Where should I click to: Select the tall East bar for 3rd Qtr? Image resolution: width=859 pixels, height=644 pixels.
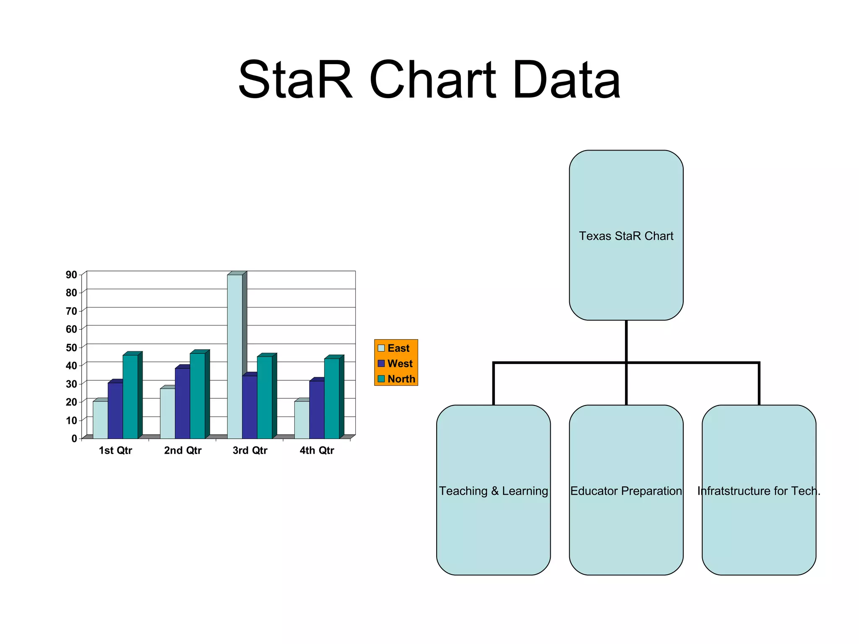234,356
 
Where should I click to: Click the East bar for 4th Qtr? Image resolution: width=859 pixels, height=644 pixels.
302,419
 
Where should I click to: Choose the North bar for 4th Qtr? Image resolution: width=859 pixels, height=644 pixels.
331,398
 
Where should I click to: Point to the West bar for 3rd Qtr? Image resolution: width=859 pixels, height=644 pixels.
250,407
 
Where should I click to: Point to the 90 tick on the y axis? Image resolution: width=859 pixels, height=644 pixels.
71,275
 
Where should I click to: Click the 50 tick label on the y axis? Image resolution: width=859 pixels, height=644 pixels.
71,348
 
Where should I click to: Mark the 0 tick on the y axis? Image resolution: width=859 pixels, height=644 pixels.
74,439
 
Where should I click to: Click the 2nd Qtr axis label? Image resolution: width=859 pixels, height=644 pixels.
182,450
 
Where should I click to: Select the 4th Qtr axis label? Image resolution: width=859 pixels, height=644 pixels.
317,450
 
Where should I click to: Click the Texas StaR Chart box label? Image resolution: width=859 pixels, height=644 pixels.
626,236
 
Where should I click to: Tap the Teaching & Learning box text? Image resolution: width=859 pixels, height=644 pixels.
493,491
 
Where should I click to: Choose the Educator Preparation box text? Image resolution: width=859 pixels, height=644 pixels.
626,491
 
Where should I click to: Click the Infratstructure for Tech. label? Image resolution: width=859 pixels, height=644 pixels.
758,491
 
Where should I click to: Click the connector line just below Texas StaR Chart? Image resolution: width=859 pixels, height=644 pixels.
626,340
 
